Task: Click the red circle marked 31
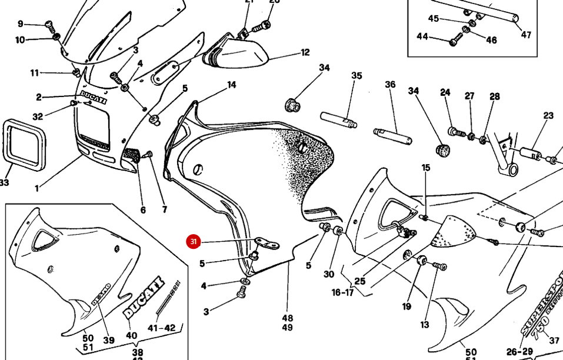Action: [194, 242]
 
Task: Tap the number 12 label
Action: [305, 52]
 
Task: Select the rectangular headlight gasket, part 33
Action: [24, 145]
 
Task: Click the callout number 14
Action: [231, 85]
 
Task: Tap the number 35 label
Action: [357, 75]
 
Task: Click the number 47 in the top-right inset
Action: [526, 35]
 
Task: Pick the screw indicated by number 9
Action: [49, 26]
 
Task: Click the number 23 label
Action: [548, 116]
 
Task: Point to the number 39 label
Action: [108, 340]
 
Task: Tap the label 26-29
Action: [519, 352]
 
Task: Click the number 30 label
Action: [328, 274]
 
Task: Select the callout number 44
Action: [422, 36]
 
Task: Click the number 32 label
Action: [38, 116]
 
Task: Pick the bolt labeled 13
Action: [437, 266]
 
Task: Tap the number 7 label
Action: [164, 210]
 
